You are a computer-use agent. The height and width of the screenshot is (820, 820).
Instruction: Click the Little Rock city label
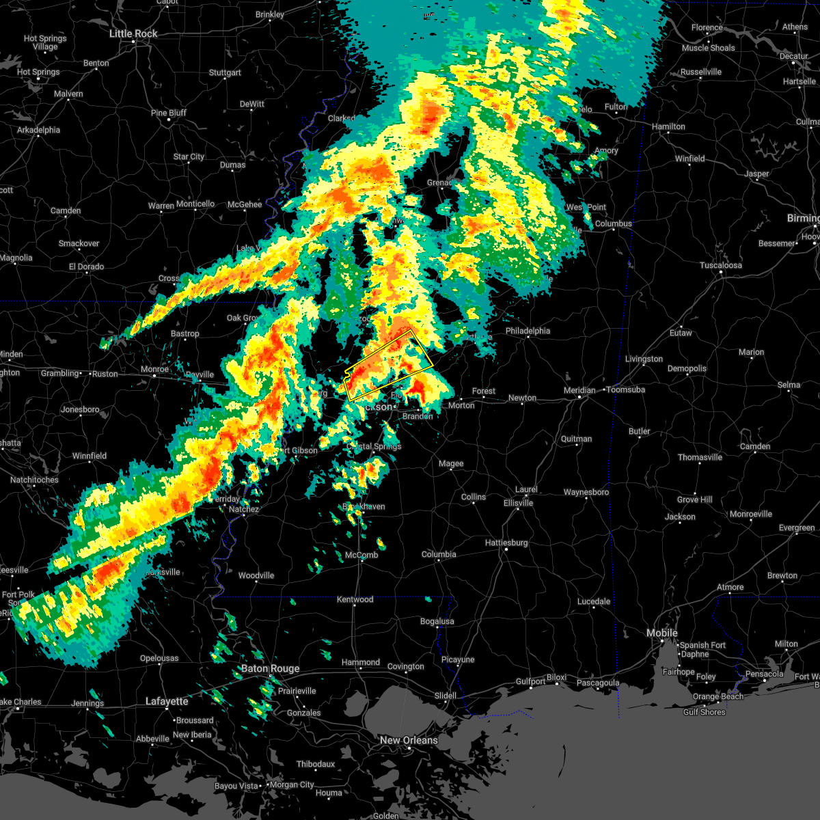coord(134,33)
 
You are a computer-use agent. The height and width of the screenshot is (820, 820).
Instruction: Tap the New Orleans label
coord(409,740)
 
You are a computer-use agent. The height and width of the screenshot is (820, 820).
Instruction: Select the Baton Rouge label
coord(270,669)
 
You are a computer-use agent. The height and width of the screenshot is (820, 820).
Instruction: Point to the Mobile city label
coord(662,633)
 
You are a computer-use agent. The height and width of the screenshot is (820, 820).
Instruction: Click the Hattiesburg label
coord(506,543)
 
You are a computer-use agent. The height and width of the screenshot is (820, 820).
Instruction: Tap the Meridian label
coord(579,390)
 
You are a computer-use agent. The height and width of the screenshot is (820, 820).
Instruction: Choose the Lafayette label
coord(167,701)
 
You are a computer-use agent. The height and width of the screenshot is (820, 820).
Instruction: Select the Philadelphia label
coord(528,331)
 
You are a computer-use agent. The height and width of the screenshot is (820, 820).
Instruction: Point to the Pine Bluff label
coord(168,113)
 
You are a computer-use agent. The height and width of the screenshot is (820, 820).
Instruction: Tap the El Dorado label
coord(86,266)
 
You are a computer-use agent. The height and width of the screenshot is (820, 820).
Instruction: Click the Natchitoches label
coord(33,480)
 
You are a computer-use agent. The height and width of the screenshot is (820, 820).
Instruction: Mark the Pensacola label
coord(764,674)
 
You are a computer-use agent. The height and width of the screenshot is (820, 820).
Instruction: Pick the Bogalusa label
coord(437,621)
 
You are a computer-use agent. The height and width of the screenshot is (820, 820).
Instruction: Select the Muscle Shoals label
coord(709,48)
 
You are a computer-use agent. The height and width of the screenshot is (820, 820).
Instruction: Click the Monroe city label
coord(154,369)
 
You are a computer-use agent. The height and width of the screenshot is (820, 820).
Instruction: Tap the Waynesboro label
coord(586,492)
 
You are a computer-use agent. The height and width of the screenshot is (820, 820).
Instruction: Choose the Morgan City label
coord(292,785)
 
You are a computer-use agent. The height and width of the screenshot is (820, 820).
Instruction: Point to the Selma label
coord(789,385)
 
